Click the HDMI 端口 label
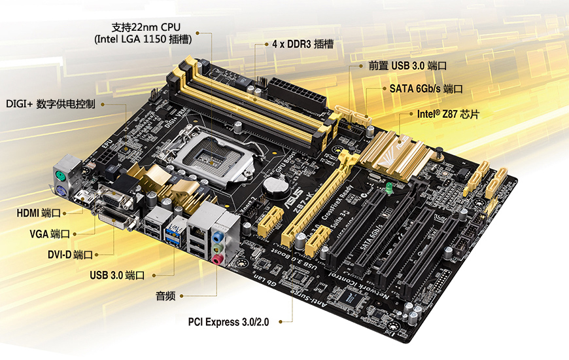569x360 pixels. click(39, 213)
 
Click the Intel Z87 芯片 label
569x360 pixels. click(448, 114)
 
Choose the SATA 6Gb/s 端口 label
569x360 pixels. click(426, 89)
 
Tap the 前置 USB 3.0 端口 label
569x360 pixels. click(407, 66)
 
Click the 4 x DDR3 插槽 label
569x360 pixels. click(302, 45)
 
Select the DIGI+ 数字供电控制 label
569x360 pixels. click(50, 103)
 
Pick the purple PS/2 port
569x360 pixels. click(59, 192)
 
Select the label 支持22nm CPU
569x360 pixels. click(145, 27)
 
